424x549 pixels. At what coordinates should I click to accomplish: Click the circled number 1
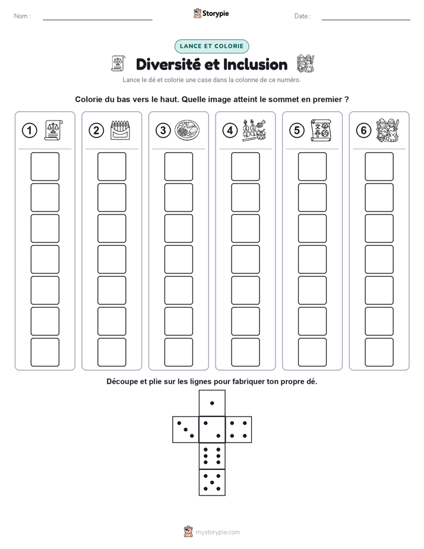click(29, 131)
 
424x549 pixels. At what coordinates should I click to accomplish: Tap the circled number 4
click(230, 131)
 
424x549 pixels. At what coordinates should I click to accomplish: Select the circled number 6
click(363, 131)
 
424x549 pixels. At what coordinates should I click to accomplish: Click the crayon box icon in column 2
click(120, 130)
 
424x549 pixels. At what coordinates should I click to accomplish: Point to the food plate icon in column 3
click(187, 130)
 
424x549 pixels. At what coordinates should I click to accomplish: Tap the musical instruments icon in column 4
click(254, 130)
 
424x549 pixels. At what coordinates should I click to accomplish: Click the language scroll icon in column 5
click(321, 130)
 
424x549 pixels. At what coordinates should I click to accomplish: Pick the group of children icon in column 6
click(388, 130)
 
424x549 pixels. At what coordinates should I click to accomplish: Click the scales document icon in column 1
click(53, 130)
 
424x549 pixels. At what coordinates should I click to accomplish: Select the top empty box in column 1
click(45, 166)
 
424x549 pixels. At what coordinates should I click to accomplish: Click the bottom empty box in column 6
click(379, 352)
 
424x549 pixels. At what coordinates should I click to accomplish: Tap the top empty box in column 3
click(178, 166)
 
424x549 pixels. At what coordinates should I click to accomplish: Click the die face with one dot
click(212, 403)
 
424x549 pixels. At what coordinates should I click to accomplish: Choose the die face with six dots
click(212, 456)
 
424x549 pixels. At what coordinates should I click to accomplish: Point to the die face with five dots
click(212, 482)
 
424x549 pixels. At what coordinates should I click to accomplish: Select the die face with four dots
click(239, 430)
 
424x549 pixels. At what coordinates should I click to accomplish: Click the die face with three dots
click(185, 430)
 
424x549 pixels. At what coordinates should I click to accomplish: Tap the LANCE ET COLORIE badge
click(211, 46)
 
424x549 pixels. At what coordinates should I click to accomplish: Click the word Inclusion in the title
click(255, 65)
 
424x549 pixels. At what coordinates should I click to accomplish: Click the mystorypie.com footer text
click(217, 532)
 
